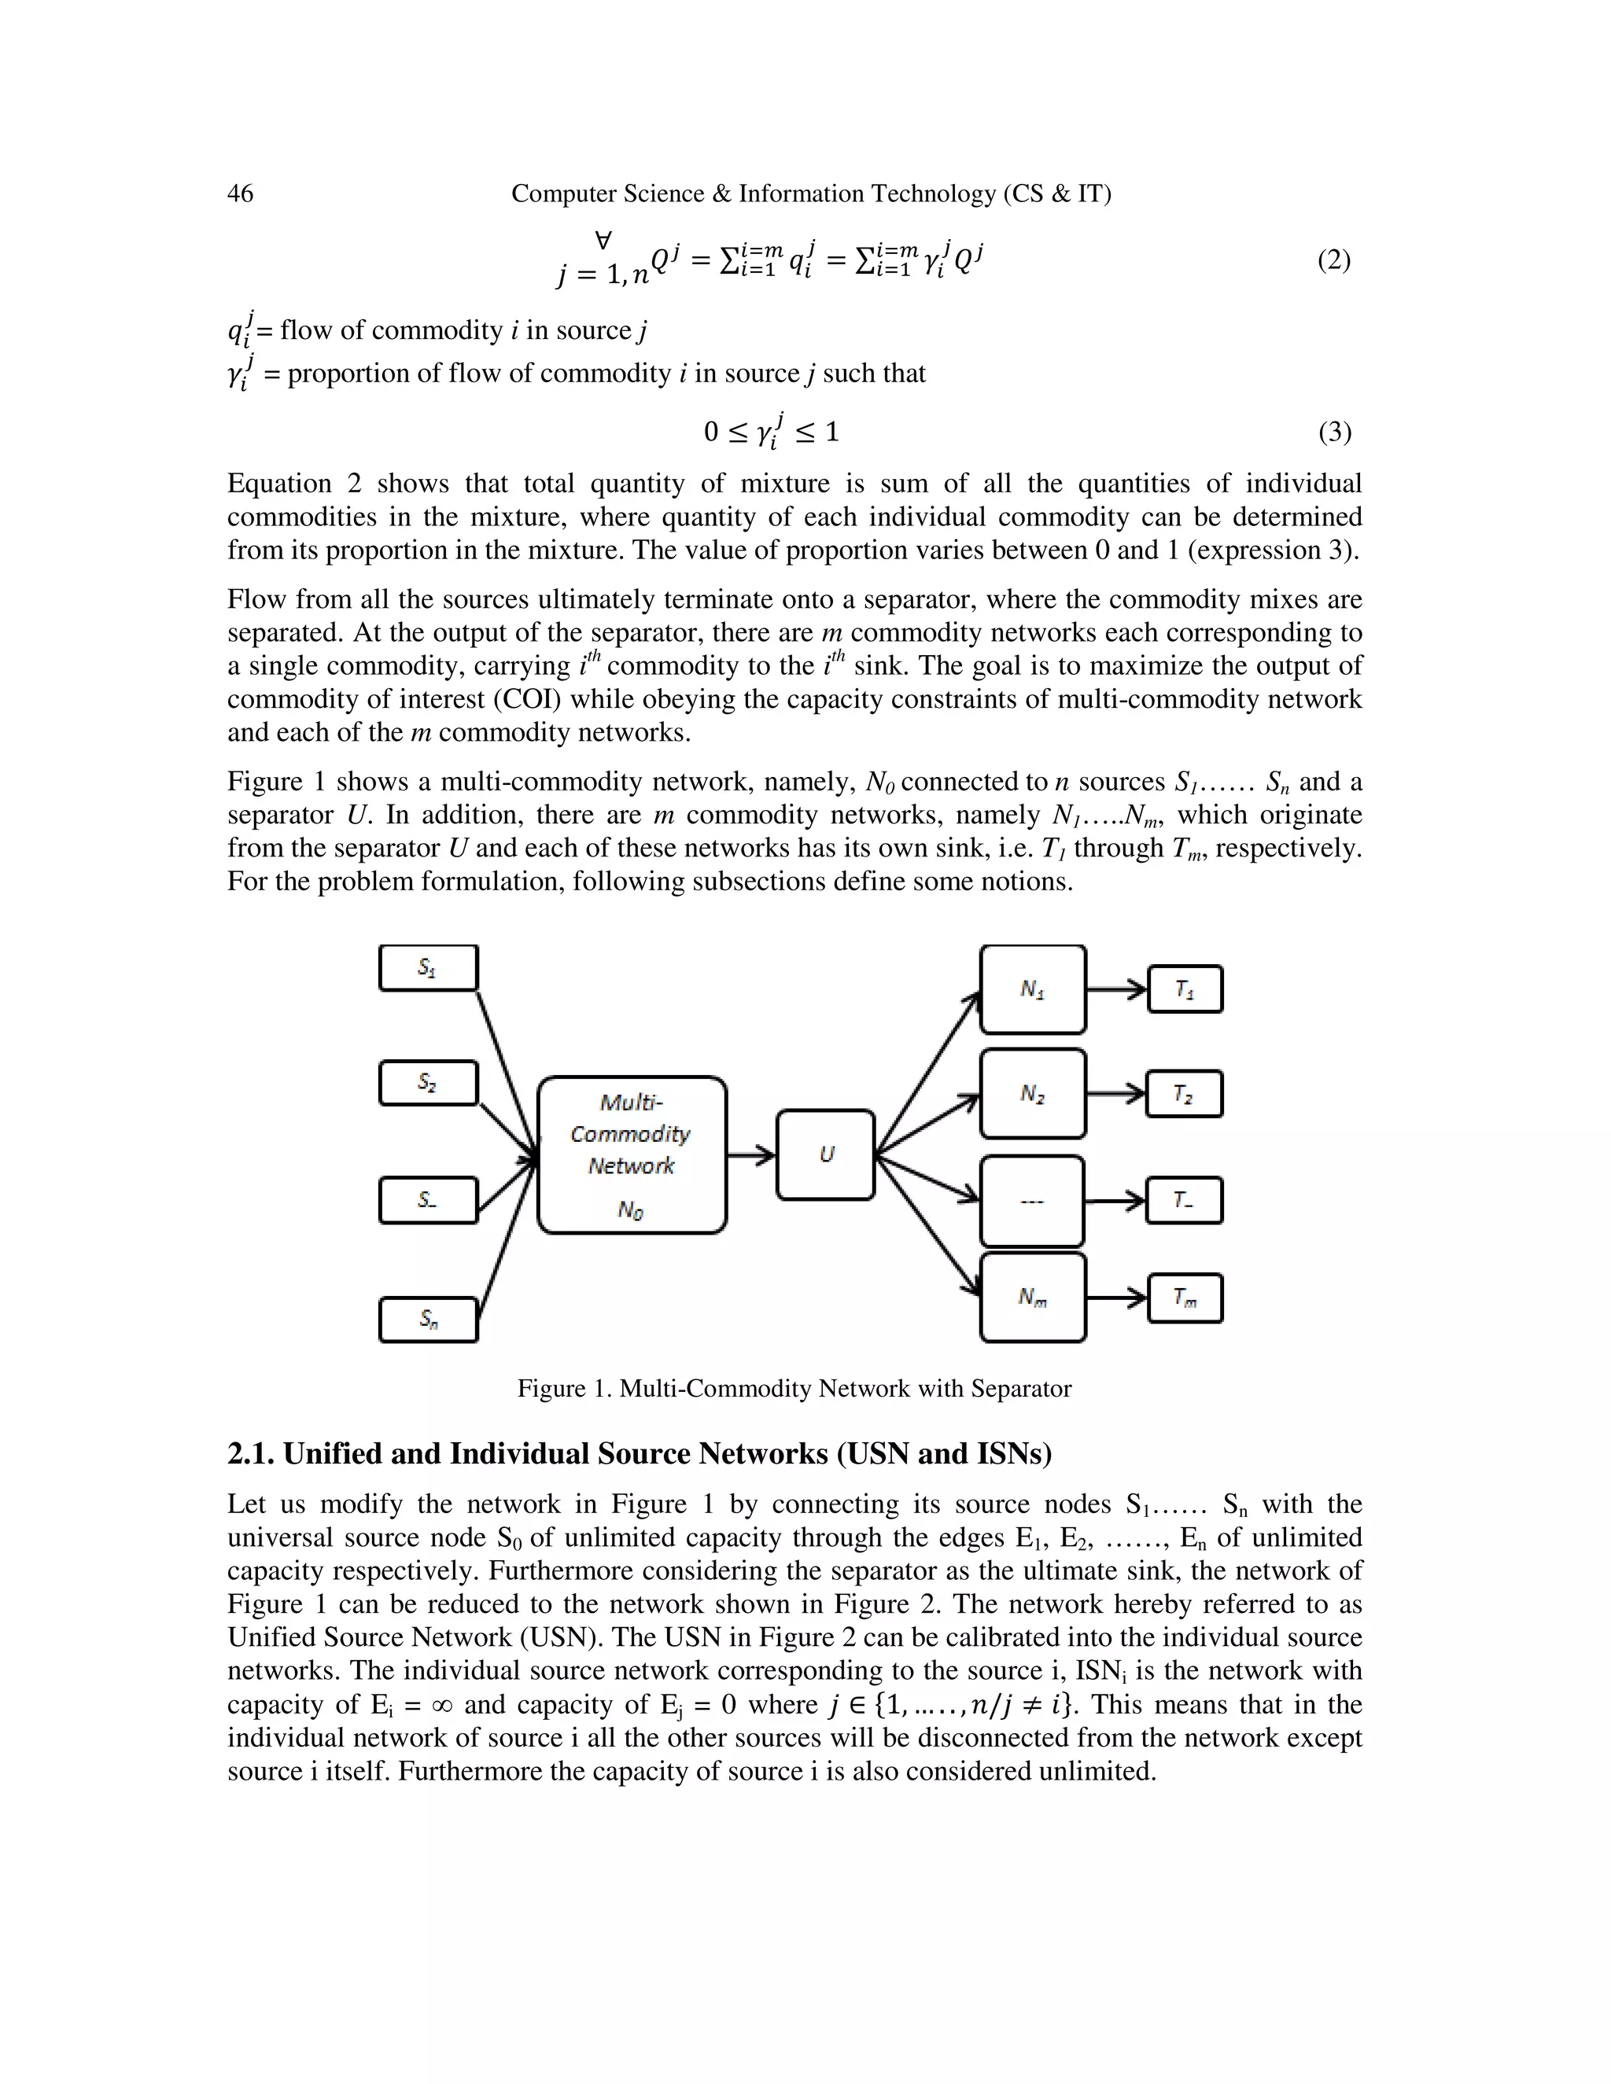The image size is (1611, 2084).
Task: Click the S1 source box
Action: click(428, 967)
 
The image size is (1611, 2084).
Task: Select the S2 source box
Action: click(428, 1083)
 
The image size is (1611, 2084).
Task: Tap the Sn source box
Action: click(429, 1320)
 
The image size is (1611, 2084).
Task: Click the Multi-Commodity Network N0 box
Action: click(632, 1154)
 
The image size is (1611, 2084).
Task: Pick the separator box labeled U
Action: click(825, 1154)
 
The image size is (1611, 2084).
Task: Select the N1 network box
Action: click(1033, 989)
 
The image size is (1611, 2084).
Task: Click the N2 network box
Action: click(1033, 1094)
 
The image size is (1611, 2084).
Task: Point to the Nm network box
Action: click(1033, 1297)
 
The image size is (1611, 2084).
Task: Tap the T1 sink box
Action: click(1185, 989)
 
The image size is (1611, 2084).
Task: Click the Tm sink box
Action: click(1185, 1298)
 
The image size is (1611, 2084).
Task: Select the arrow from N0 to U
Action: click(751, 1155)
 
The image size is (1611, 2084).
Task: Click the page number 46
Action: click(241, 193)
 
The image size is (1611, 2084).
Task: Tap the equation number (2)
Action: click(1333, 260)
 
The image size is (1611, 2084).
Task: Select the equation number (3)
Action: click(1334, 433)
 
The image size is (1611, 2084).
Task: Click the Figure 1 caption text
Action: click(794, 1388)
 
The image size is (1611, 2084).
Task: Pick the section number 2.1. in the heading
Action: click(251, 1454)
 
